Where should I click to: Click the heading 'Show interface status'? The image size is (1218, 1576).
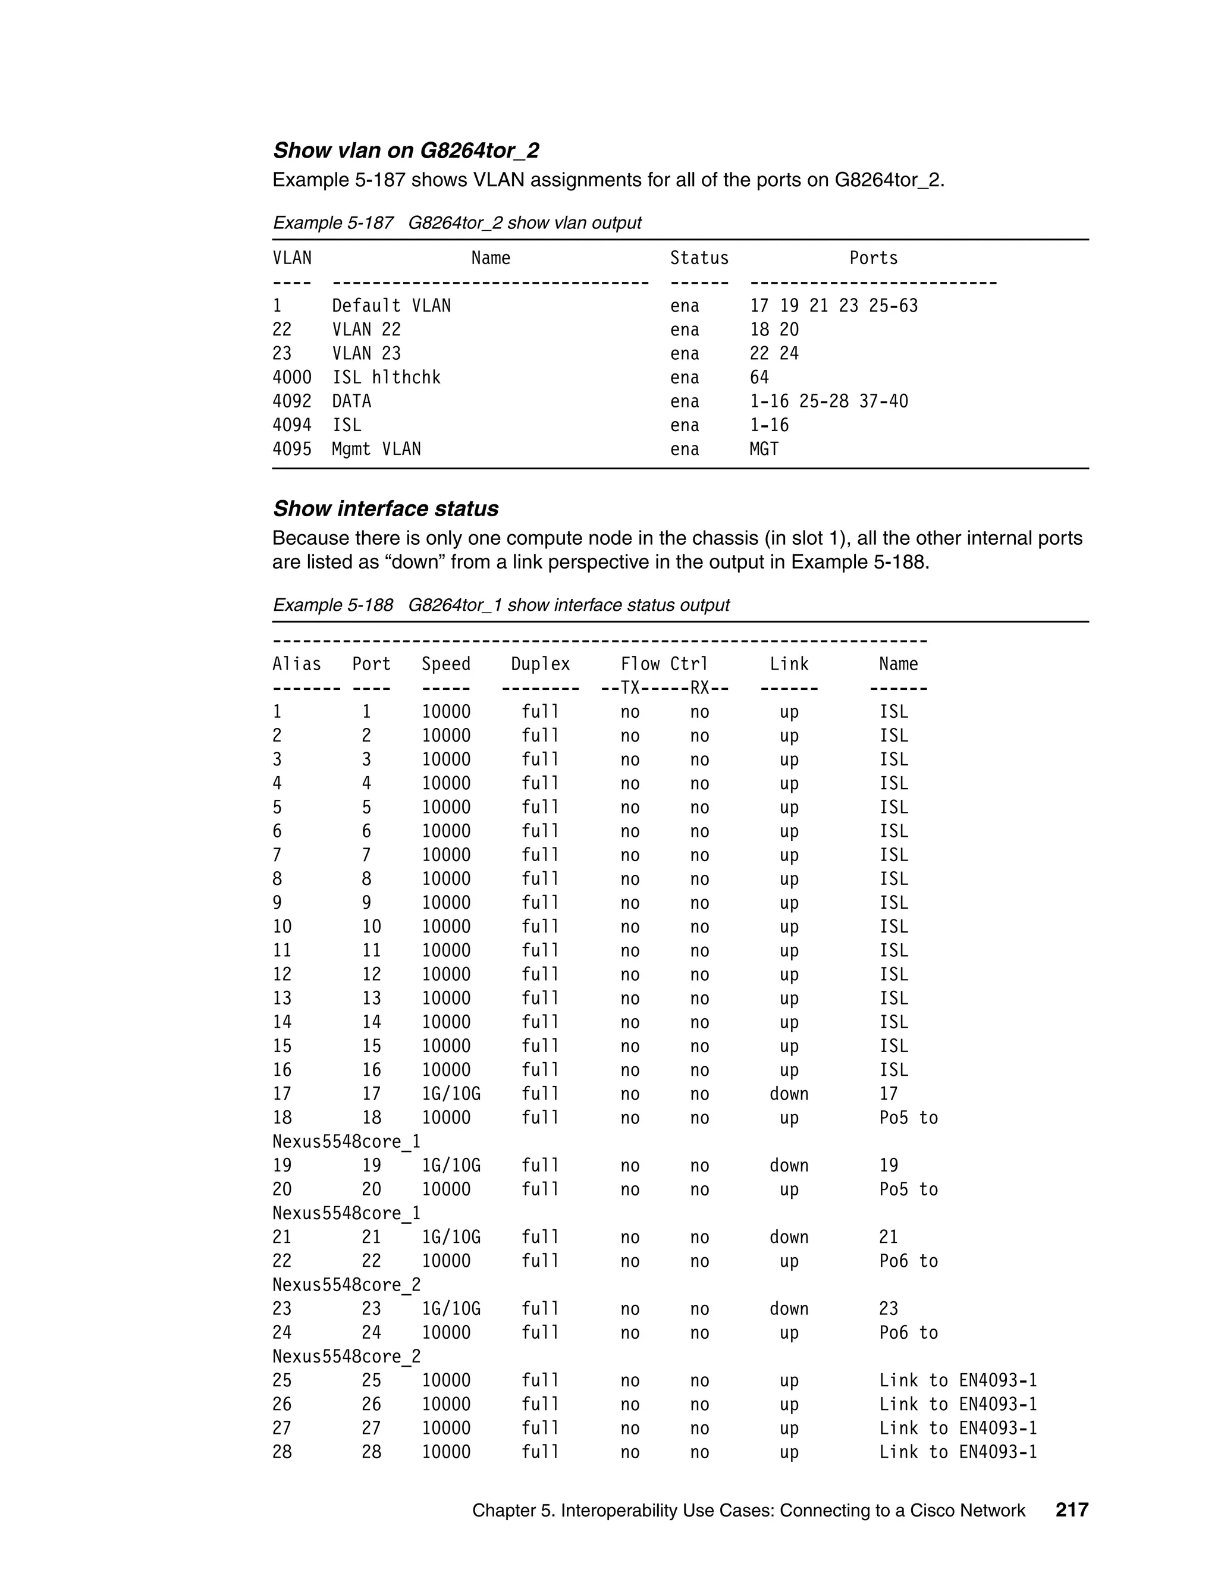[x=385, y=508]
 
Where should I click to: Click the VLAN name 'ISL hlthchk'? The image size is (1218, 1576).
[x=386, y=378]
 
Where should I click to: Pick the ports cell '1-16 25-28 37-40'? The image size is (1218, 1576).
[x=828, y=401]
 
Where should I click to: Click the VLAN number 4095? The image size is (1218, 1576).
[x=291, y=449]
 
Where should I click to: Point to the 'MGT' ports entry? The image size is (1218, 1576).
[x=764, y=449]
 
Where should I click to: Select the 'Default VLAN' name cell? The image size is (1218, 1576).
[x=391, y=306]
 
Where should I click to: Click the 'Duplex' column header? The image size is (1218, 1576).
[x=540, y=664]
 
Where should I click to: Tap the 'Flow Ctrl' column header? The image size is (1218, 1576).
[x=664, y=664]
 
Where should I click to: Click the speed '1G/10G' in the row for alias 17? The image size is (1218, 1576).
[x=451, y=1094]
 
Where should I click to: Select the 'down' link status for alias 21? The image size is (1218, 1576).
[x=789, y=1237]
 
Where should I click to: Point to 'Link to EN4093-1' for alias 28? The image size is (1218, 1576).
[x=958, y=1452]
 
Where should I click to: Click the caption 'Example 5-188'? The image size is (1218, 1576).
[x=332, y=605]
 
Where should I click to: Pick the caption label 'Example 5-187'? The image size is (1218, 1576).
[x=332, y=223]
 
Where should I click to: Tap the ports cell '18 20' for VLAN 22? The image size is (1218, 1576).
[x=774, y=330]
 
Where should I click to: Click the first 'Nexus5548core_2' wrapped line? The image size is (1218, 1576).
[x=346, y=1285]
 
